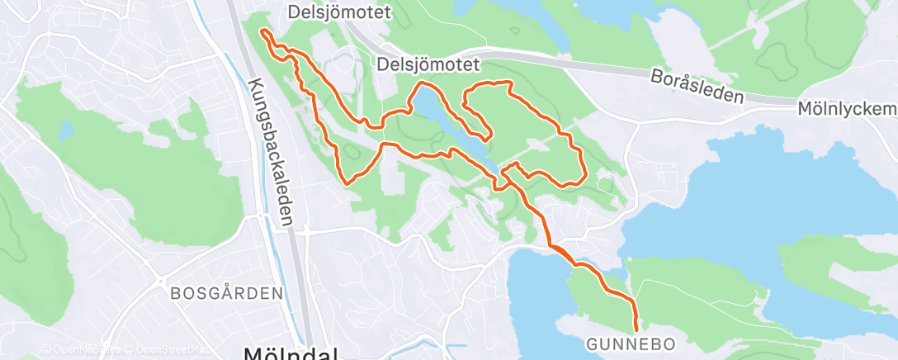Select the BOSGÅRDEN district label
pos(227,293)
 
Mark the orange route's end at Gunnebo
pos(636,329)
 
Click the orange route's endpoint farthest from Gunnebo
pos(263,31)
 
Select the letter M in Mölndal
pos(255,353)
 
